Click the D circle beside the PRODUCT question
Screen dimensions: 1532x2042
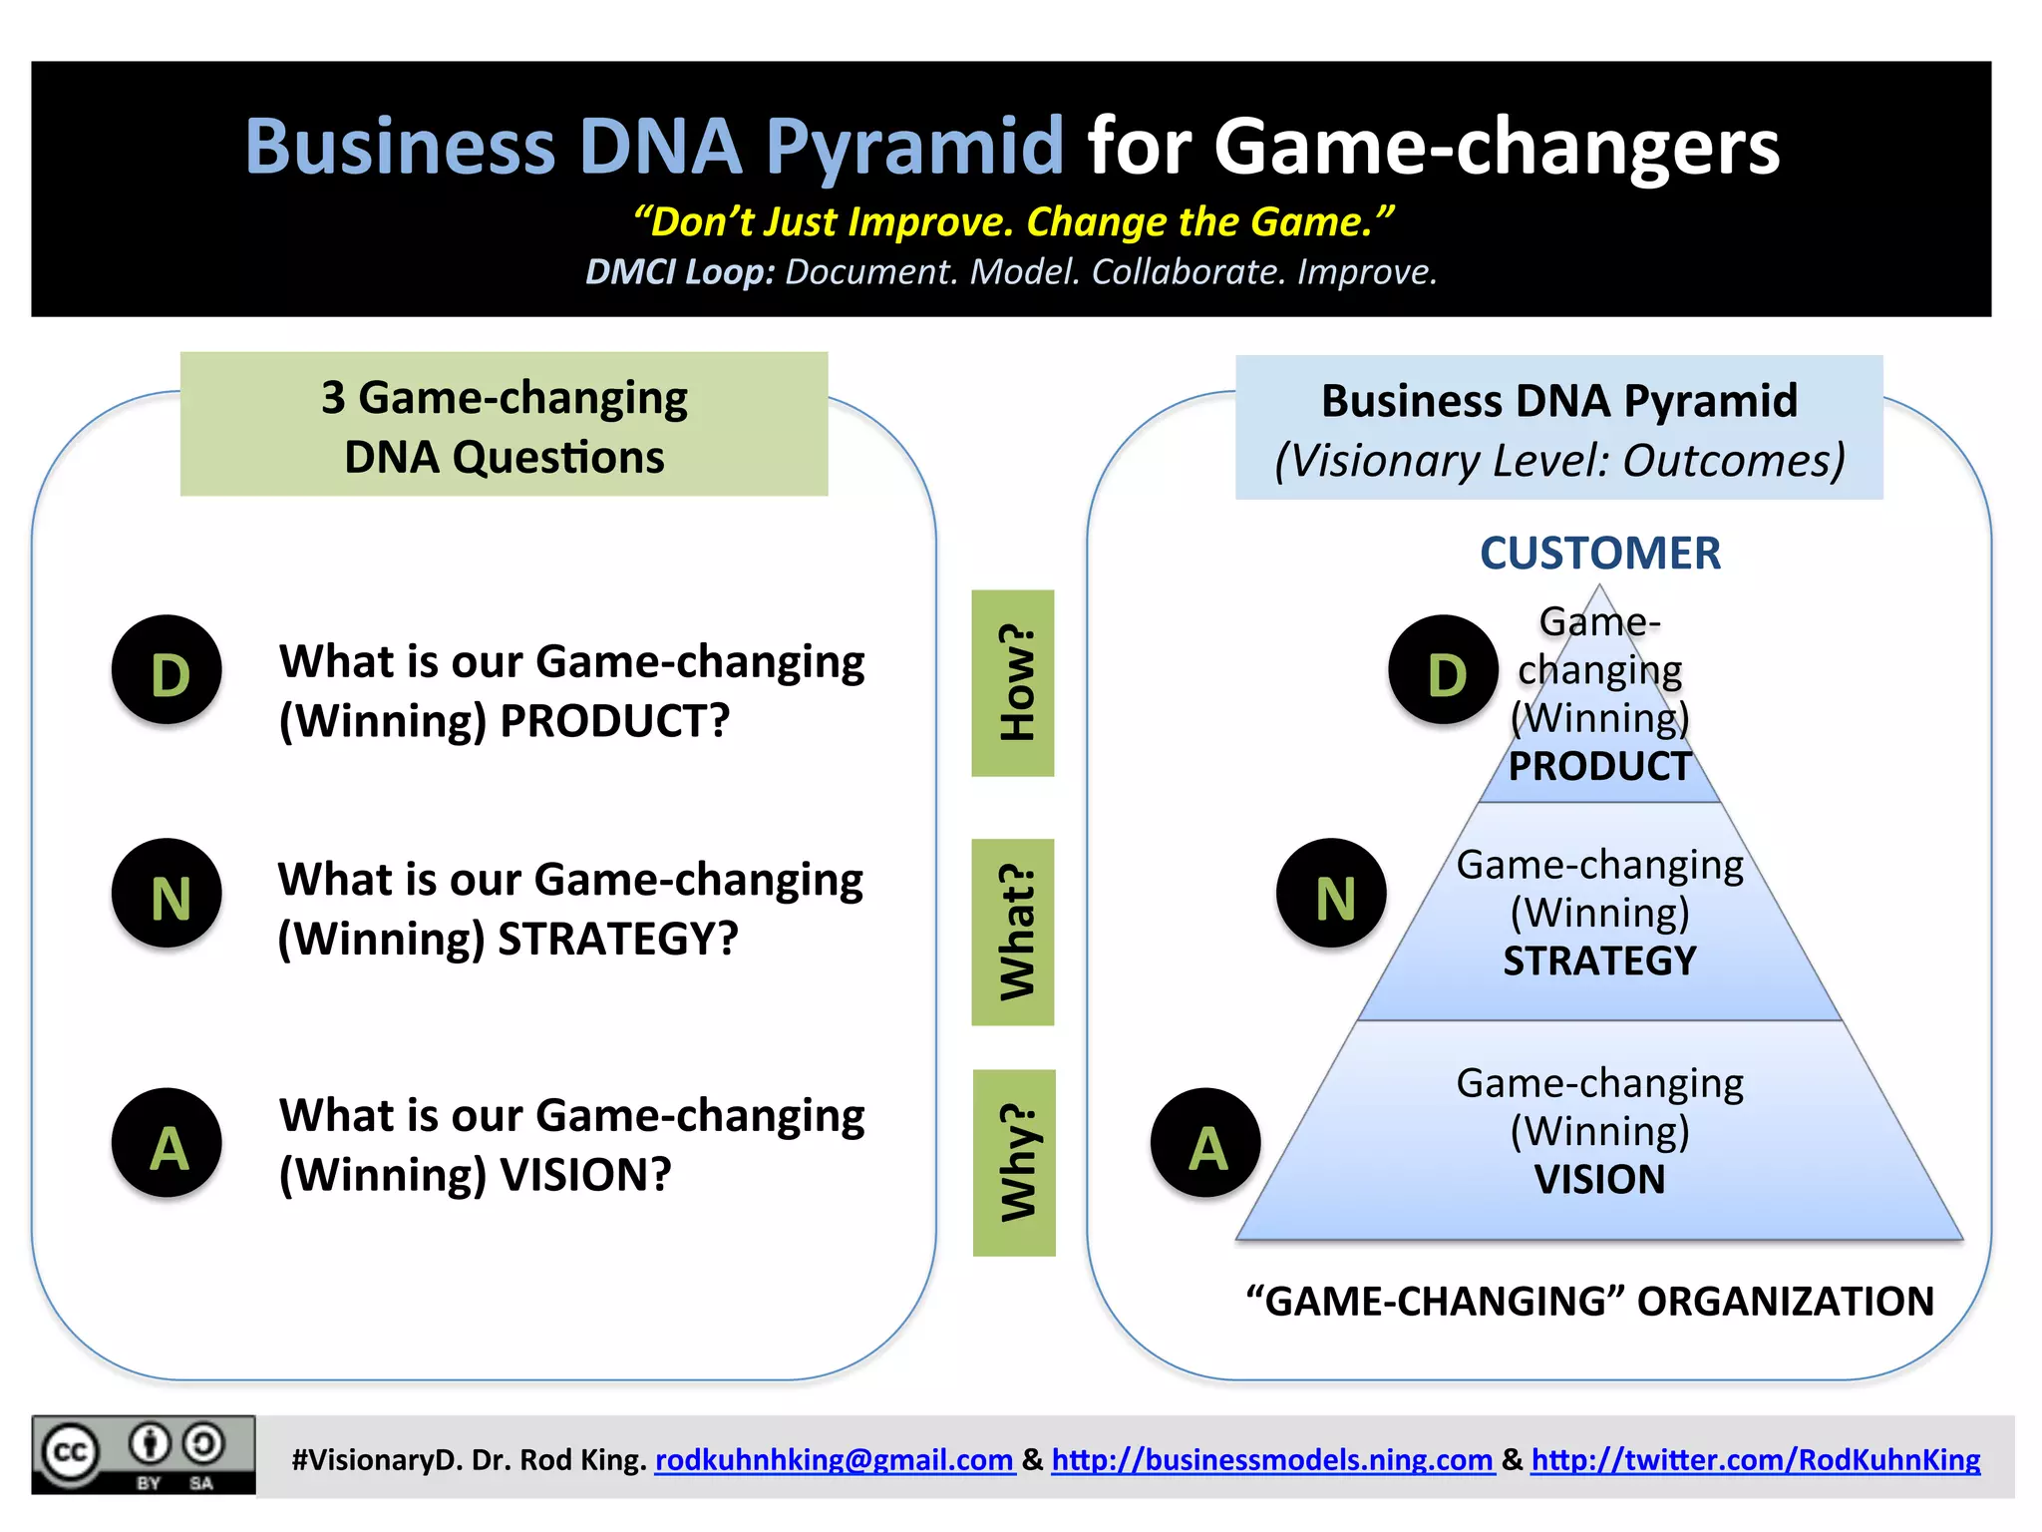[x=167, y=670]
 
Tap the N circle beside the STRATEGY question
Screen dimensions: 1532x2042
[x=167, y=894]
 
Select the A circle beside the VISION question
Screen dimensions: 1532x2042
[x=167, y=1143]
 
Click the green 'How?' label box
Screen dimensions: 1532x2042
[x=1013, y=683]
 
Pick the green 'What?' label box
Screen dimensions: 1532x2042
[x=1013, y=932]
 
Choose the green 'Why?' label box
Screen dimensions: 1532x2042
[x=1014, y=1163]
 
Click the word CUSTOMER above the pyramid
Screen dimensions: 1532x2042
[x=1599, y=554]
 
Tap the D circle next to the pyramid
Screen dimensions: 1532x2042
[x=1443, y=670]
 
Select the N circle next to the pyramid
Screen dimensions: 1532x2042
[x=1331, y=894]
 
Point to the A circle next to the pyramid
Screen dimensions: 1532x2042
[x=1205, y=1143]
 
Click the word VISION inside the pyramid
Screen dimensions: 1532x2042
[x=1599, y=1180]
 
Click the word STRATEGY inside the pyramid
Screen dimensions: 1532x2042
[x=1599, y=961]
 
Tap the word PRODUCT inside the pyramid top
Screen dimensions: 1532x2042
[x=1599, y=767]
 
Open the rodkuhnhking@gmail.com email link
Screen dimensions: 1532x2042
[x=834, y=1460]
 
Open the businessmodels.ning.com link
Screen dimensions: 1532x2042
[x=1272, y=1460]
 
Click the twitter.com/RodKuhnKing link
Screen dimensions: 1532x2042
[x=1755, y=1460]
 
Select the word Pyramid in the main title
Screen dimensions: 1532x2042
[x=914, y=148]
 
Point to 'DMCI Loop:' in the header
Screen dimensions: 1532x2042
[x=679, y=272]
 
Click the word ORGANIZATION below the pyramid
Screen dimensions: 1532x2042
[x=1785, y=1302]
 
